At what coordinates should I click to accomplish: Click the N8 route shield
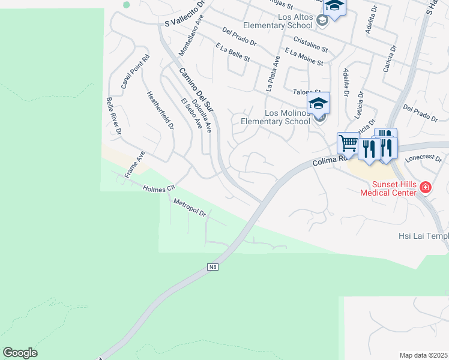click(212, 266)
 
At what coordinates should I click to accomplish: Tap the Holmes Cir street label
click(158, 188)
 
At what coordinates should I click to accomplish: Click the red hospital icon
click(426, 188)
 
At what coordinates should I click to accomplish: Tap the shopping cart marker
click(348, 144)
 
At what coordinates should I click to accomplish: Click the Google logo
click(20, 353)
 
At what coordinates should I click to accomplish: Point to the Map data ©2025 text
click(423, 355)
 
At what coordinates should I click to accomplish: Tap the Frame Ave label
click(135, 164)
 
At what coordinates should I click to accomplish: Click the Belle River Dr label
click(114, 115)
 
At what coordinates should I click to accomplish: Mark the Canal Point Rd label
click(135, 72)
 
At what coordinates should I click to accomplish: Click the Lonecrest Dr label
click(423, 158)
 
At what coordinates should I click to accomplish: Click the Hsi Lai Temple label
click(420, 236)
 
